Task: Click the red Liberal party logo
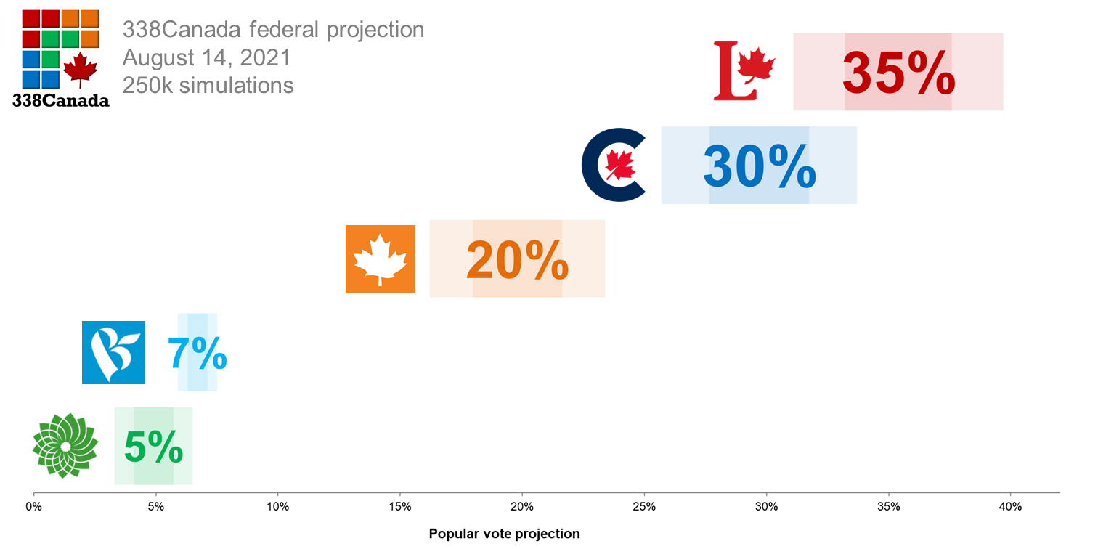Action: [x=744, y=70]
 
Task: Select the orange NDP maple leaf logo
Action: [x=380, y=259]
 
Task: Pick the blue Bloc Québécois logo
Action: [x=113, y=352]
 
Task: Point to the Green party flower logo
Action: [x=65, y=445]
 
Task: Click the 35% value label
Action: [x=898, y=73]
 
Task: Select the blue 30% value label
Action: [x=760, y=166]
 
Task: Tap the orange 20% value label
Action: [x=517, y=259]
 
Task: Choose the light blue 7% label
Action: [x=198, y=353]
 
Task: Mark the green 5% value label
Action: [x=153, y=446]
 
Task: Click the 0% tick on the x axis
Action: [x=33, y=506]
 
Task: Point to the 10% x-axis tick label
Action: [x=278, y=506]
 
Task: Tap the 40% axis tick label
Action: [x=1010, y=506]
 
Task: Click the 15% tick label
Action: [x=400, y=506]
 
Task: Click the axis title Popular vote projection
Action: [x=504, y=534]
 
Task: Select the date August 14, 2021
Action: [x=207, y=57]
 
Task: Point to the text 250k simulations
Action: [x=208, y=85]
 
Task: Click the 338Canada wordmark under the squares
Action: [x=61, y=101]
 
